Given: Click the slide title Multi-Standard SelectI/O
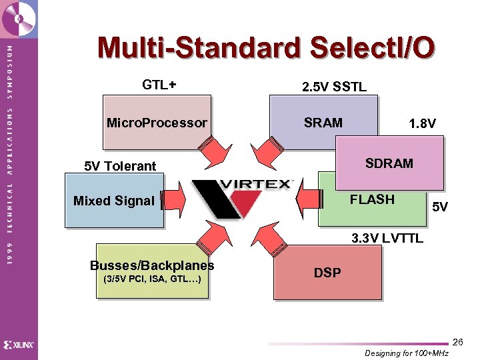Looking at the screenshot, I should tap(267, 48).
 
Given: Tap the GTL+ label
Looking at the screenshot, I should tap(159, 85).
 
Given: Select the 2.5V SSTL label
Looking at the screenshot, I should tap(333, 87).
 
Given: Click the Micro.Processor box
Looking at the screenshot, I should tap(157, 123).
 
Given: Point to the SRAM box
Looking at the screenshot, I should tap(323, 123).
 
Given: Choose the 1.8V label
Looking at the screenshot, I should tap(423, 123).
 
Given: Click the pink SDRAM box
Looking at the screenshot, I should tap(389, 163).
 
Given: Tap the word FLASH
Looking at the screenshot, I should tap(372, 199).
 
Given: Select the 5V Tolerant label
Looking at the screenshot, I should tap(120, 166).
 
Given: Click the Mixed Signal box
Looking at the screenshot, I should tap(114, 201).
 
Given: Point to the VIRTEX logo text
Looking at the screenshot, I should tap(256, 184).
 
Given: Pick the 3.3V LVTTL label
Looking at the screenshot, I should tap(387, 238).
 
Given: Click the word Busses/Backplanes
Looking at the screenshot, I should tap(152, 265).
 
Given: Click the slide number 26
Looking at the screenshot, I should tap(457, 341).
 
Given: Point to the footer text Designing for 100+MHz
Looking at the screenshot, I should tap(407, 353).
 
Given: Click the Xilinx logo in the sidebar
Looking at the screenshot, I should tap(19, 345).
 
